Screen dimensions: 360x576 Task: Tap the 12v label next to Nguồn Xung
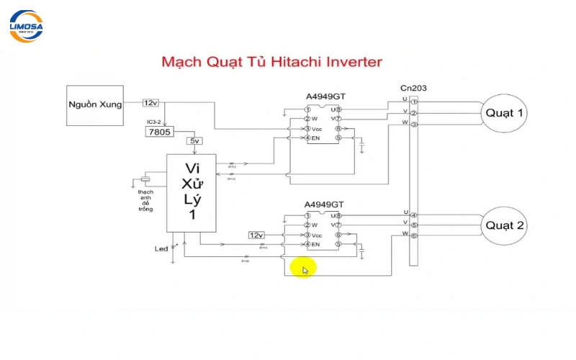click(x=151, y=103)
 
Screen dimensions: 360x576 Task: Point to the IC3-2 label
click(x=155, y=122)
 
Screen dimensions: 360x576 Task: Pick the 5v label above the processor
click(x=195, y=141)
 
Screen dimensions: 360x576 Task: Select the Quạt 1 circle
click(x=505, y=113)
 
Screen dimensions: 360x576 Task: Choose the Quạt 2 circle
click(x=505, y=225)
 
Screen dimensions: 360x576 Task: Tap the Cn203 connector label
click(x=413, y=89)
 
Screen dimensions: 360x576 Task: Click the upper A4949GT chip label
click(x=325, y=98)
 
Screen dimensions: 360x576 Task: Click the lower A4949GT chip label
click(x=325, y=204)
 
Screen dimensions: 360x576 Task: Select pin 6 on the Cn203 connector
click(x=414, y=235)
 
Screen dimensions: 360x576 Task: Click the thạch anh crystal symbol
click(x=146, y=179)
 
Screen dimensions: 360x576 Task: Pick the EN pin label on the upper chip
click(x=315, y=138)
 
